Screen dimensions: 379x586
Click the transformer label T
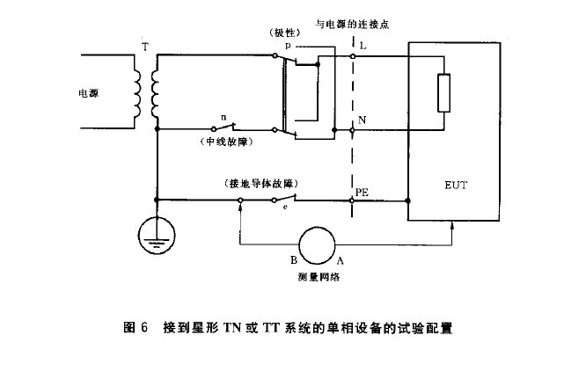145,43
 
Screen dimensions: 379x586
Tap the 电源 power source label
89,91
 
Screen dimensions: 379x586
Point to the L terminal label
363,43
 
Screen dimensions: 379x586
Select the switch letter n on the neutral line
223,116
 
